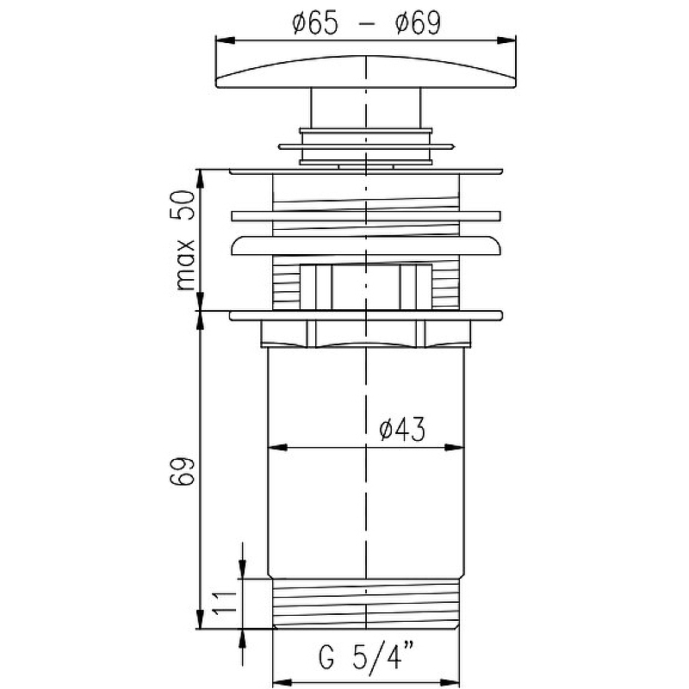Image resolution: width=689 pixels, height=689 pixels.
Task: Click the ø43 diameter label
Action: pos(402,429)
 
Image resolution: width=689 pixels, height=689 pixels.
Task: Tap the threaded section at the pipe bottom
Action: pos(367,604)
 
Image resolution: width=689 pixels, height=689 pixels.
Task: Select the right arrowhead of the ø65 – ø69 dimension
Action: pos(510,39)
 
